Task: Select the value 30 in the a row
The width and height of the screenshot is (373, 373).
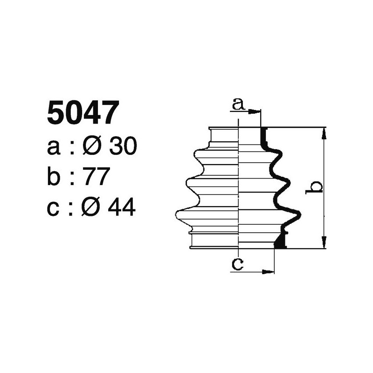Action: [x=123, y=147]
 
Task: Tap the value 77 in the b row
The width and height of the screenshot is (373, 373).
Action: [x=96, y=177]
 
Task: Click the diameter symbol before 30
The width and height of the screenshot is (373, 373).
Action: [x=91, y=147]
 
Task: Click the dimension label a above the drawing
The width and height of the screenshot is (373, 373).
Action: [x=238, y=104]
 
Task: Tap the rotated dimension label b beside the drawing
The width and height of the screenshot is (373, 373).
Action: [x=316, y=187]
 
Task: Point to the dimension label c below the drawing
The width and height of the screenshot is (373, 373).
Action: [x=238, y=264]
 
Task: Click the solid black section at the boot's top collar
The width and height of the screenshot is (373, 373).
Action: [x=263, y=137]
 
